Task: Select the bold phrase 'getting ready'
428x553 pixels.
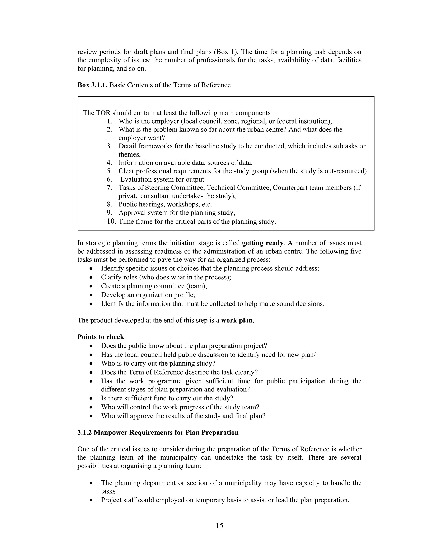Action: point(262,243)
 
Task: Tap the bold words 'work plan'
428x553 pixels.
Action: point(237,320)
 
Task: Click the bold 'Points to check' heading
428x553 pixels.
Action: point(101,337)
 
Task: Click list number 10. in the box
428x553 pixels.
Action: point(111,222)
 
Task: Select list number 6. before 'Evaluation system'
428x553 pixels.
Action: point(109,179)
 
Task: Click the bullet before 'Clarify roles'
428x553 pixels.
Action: point(91,278)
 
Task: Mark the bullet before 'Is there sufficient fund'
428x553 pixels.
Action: point(91,399)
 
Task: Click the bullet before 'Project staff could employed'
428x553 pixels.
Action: point(91,500)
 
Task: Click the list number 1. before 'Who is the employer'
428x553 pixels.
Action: point(109,121)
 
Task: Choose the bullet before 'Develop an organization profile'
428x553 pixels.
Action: point(91,295)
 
